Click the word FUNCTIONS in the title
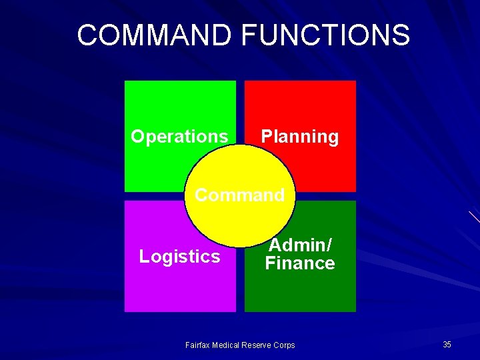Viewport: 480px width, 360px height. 326,35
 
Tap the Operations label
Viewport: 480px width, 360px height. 179,137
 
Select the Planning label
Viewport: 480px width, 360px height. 299,137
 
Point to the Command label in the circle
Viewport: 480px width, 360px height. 239,195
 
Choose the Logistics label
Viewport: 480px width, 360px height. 179,257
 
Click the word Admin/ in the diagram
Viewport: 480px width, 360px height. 300,245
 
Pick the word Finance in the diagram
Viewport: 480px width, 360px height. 300,263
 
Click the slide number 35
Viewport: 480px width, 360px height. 447,345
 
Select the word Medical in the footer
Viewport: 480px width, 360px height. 225,345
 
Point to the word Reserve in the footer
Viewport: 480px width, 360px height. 257,345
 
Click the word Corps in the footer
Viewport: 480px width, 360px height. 284,345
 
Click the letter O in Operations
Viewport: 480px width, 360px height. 138,137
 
